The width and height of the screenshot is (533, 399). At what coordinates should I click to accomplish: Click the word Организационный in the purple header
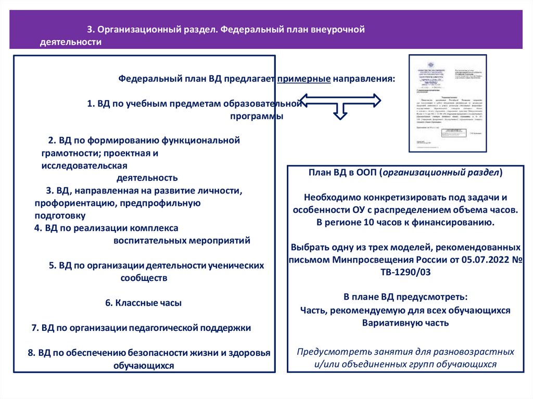pyautogui.click(x=132, y=30)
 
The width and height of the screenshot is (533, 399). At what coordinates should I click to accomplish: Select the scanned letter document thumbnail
pyautogui.click(x=448, y=103)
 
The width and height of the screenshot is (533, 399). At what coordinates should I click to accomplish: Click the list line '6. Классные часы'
pyautogui.click(x=143, y=302)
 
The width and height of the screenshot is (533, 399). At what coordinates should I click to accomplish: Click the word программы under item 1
pyautogui.click(x=257, y=116)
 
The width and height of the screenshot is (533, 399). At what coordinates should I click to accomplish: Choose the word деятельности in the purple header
pyautogui.click(x=70, y=43)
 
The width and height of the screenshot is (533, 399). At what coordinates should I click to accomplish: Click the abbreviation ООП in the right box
pyautogui.click(x=367, y=173)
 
